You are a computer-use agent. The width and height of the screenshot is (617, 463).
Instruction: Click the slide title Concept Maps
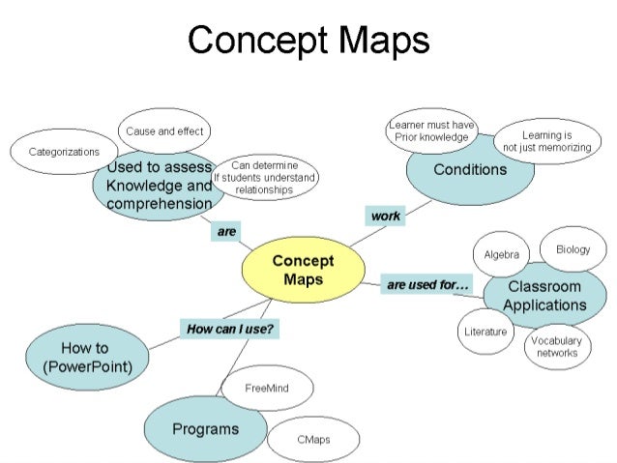[308, 41]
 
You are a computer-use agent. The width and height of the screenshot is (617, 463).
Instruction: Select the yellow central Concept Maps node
[303, 270]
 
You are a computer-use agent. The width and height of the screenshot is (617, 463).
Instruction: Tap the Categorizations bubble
[64, 152]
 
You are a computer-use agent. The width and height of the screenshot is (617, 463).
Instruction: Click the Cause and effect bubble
[163, 130]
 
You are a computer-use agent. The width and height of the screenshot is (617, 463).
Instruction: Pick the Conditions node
[470, 171]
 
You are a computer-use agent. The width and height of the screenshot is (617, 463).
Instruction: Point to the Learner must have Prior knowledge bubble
[431, 131]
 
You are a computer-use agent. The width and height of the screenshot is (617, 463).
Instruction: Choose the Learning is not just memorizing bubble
[546, 142]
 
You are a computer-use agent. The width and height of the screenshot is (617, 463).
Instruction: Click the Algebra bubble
[501, 254]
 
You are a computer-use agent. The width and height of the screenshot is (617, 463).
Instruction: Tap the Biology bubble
[573, 249]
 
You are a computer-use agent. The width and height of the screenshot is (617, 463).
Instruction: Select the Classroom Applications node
[544, 295]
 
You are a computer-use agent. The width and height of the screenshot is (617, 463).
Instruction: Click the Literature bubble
[485, 332]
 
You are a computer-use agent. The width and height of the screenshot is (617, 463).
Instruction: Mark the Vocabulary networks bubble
[557, 346]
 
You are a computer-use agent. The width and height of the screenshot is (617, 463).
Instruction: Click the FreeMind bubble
[268, 388]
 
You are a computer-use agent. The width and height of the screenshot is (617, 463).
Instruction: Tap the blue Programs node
[205, 428]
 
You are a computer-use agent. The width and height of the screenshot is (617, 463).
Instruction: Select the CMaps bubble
[312, 439]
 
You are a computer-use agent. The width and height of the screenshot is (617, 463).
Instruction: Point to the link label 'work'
[385, 216]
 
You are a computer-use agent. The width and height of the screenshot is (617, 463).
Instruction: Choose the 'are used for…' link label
[427, 285]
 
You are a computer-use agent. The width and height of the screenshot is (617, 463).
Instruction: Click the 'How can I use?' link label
[228, 330]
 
